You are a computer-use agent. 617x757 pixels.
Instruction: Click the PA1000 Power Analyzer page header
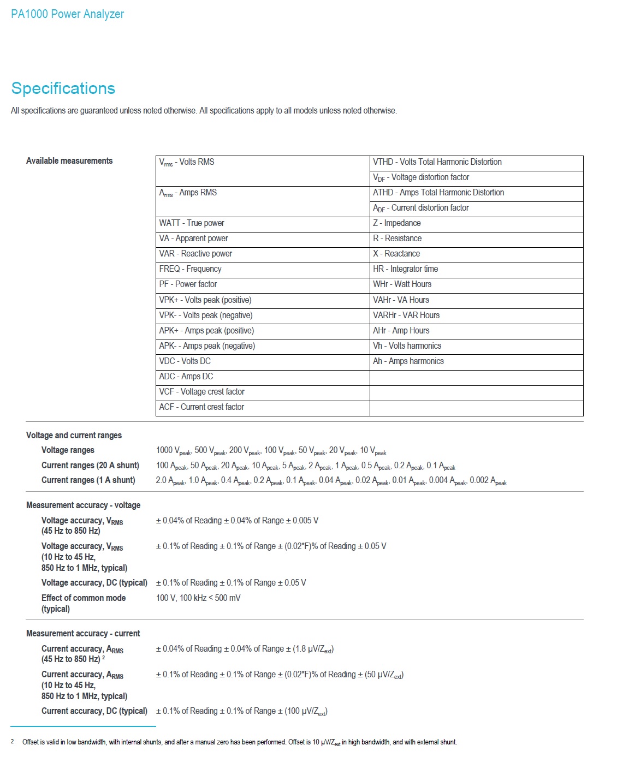coord(67,14)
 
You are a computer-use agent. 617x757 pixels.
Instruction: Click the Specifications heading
coord(63,88)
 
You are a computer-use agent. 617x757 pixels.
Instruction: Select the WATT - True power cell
coord(192,223)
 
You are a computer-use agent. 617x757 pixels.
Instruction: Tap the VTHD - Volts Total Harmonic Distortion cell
coord(437,162)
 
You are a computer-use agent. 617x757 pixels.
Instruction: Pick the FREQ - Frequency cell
coord(190,269)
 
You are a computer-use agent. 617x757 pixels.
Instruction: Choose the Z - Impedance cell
coord(396,223)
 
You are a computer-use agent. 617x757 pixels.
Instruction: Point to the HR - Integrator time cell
coord(405,269)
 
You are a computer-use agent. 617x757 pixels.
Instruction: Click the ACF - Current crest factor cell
coord(201,407)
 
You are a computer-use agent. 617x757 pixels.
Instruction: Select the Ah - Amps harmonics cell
coord(408,361)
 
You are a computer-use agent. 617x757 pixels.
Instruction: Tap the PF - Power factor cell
coord(188,284)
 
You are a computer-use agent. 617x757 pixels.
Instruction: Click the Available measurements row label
coord(69,161)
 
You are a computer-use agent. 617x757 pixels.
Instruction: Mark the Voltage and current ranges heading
coord(74,436)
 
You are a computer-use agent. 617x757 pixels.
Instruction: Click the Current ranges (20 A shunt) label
coord(90,466)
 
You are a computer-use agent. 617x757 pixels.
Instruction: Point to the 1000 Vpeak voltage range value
coord(173,451)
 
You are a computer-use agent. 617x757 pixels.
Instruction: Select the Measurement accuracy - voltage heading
coord(83,505)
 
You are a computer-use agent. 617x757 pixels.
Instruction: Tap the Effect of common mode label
coord(84,598)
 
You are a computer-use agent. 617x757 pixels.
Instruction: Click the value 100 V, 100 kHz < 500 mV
coord(198,598)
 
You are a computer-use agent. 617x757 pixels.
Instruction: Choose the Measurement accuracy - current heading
coord(83,634)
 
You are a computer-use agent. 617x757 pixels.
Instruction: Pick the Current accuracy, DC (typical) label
coord(94,711)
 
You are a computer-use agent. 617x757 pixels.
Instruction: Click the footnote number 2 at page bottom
coord(13,741)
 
